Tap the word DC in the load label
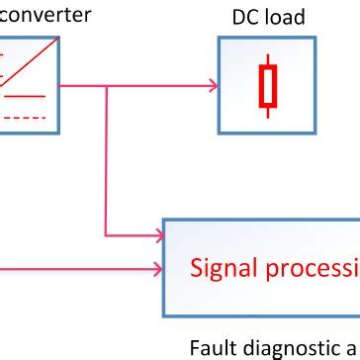coord(243,17)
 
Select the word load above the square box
coord(285,17)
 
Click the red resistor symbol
coord(266,86)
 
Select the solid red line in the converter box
coord(28,96)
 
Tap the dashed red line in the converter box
coord(28,116)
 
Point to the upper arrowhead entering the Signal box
coord(157,235)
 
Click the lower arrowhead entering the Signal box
coord(157,268)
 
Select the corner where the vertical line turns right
coord(106,235)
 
